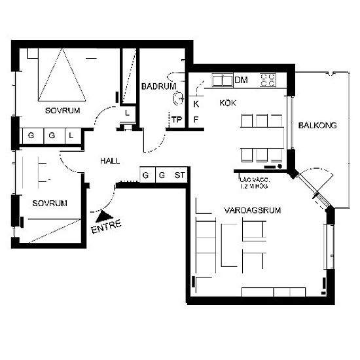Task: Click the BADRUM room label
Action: tap(158, 86)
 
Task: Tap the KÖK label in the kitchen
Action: tap(228, 103)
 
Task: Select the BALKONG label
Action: tap(317, 126)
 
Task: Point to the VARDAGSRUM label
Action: tap(253, 210)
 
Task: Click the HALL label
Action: tap(110, 161)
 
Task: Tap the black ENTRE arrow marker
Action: tap(104, 217)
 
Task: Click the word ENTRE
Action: tap(106, 226)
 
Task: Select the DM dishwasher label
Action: tap(242, 80)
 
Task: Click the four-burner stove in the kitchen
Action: tap(268, 80)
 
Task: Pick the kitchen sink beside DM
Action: tap(223, 81)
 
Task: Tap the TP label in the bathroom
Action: tap(177, 120)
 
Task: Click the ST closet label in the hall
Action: tap(179, 175)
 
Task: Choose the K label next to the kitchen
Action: tap(196, 104)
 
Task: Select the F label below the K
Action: tap(196, 120)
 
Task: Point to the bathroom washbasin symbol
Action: tap(178, 98)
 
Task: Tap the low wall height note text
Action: tap(253, 183)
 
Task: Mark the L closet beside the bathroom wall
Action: tap(127, 113)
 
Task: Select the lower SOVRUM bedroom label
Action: tap(50, 203)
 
